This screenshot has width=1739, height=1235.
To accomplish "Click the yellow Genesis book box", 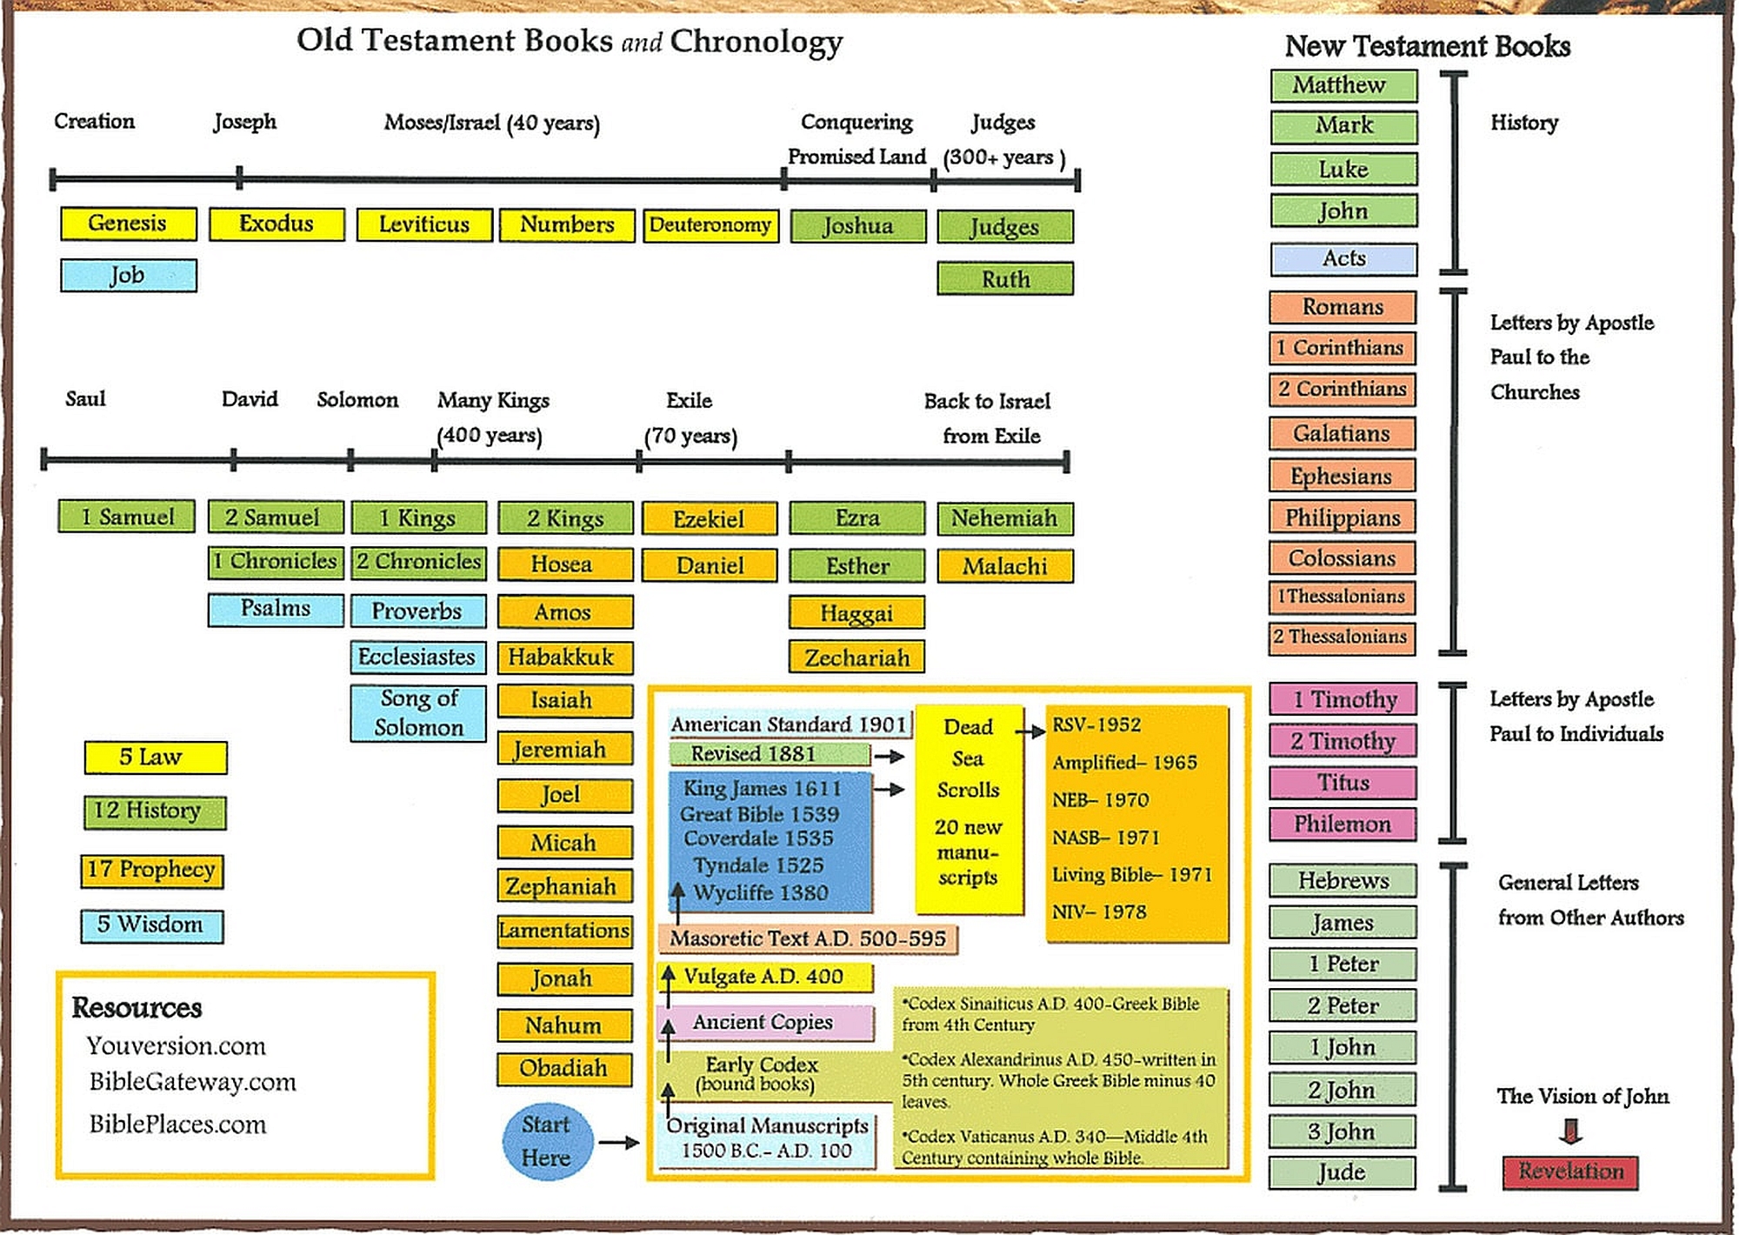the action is (129, 224).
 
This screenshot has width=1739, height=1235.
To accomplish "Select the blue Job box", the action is (129, 275).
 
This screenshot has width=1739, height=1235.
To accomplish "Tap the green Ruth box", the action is (1005, 279).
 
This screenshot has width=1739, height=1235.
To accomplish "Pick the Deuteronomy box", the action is (710, 225).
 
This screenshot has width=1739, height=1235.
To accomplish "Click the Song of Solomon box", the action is (418, 712).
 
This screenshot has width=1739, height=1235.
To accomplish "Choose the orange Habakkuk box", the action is (564, 658).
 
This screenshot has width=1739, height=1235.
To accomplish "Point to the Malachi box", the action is (1005, 566).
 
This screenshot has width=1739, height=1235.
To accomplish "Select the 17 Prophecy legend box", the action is (152, 871).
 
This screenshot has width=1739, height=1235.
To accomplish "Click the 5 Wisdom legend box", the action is (152, 925).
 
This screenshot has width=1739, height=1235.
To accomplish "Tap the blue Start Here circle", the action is (548, 1141).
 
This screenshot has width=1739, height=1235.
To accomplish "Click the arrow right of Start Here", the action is (619, 1142).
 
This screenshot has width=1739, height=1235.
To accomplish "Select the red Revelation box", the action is (1570, 1172).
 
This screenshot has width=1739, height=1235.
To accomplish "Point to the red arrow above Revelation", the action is (1570, 1131).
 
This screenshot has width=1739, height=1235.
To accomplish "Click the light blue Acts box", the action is (1344, 259).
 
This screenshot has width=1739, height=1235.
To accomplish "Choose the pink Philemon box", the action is (1343, 824).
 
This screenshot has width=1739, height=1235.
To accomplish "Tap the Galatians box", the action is (1343, 433).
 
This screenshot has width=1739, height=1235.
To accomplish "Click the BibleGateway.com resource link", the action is (192, 1082).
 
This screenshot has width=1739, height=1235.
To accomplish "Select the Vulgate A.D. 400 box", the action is (765, 977).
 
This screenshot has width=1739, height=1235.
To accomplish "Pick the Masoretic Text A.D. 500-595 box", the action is (808, 939).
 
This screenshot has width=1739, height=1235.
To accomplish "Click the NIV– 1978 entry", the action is (1099, 912).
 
